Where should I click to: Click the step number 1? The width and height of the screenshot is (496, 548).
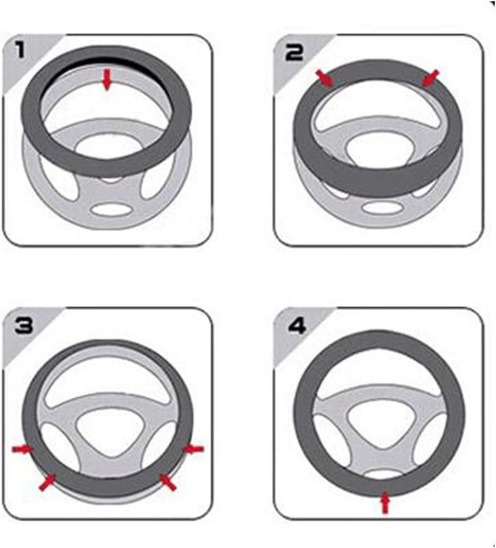[x=20, y=49]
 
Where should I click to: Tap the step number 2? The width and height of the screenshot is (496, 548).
[x=294, y=53]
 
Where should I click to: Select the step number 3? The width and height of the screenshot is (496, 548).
[x=24, y=325]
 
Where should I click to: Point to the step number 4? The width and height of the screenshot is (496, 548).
[x=296, y=325]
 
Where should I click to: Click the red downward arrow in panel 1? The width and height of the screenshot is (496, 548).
[x=107, y=80]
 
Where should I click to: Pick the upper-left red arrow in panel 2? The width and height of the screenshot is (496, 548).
[x=325, y=78]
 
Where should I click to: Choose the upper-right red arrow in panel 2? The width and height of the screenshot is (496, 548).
[x=430, y=77]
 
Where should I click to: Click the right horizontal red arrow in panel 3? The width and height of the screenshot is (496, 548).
[x=193, y=449]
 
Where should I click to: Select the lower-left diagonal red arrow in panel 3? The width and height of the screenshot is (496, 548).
[x=47, y=482]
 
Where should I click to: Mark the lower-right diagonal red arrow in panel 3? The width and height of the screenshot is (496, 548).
[x=167, y=482]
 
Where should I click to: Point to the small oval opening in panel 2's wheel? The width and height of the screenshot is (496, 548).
[x=383, y=207]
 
